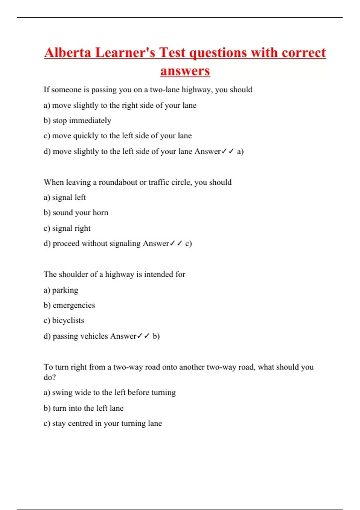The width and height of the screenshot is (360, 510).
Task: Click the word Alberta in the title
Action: (x=67, y=53)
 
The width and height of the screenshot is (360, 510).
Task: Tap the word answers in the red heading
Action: (x=185, y=71)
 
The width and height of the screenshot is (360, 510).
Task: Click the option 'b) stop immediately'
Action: (x=77, y=121)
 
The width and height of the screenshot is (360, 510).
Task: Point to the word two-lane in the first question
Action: (x=165, y=90)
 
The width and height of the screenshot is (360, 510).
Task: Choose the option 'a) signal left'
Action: (x=64, y=197)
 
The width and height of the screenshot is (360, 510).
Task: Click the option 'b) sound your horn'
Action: (x=76, y=213)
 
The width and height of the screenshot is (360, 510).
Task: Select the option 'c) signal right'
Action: (x=67, y=228)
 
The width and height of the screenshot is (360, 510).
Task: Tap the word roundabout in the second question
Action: (x=118, y=182)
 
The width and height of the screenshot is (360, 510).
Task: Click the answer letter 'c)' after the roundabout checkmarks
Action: (x=188, y=244)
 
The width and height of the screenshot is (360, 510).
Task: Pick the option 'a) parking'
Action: (x=61, y=290)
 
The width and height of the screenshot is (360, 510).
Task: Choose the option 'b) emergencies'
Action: (x=69, y=305)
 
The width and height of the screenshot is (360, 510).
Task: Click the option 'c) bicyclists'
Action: (x=64, y=320)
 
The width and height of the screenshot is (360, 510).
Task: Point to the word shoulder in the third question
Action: (x=73, y=274)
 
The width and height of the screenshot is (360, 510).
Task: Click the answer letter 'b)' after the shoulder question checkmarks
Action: (x=156, y=336)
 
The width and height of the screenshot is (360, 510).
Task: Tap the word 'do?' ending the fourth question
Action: (x=50, y=377)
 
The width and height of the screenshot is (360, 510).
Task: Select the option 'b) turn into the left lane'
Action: (x=83, y=408)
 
